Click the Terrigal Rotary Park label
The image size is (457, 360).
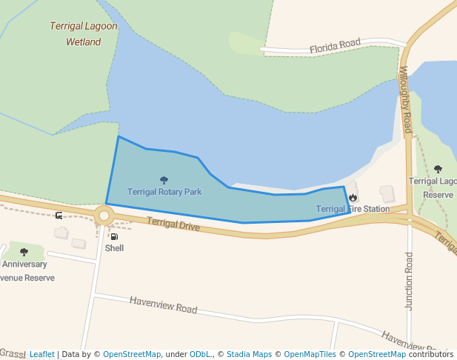(164, 192)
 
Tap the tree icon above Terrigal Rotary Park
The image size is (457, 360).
(164, 180)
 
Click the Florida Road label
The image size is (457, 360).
(335, 46)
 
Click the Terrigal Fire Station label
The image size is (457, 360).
(353, 209)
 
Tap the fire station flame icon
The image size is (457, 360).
(353, 198)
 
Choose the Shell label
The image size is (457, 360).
(114, 248)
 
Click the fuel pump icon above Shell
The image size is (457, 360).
(113, 236)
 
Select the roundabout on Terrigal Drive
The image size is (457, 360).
(104, 216)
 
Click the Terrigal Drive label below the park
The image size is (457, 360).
(173, 224)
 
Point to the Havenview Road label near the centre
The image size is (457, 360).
(164, 305)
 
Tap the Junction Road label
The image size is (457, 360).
(409, 281)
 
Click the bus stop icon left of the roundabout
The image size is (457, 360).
(59, 216)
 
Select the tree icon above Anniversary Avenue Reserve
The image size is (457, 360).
(24, 252)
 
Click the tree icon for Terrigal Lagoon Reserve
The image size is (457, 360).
(438, 169)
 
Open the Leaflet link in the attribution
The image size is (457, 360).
(41, 354)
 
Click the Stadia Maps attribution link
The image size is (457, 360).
(249, 354)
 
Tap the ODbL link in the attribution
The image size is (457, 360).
(199, 354)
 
